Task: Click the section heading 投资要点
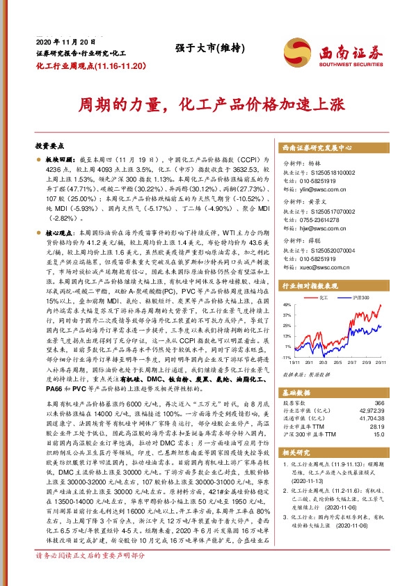pyautogui.click(x=49, y=147)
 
